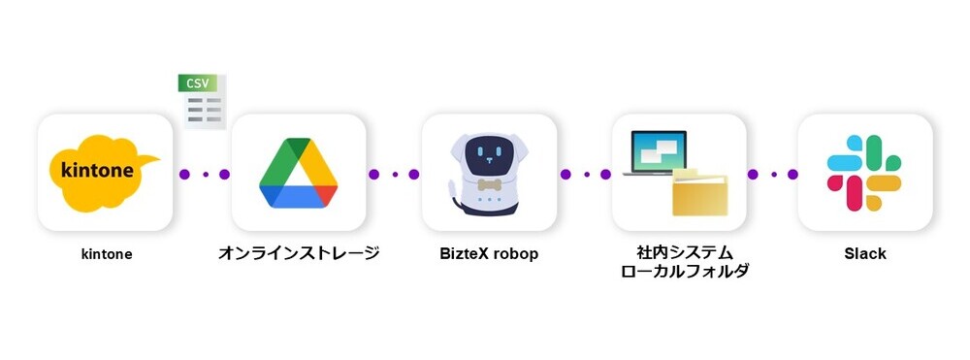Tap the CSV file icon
[x=204, y=101]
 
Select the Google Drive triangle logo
[x=298, y=175]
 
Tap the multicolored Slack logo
[x=864, y=173]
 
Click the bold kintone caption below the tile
[x=106, y=254]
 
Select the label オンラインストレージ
[x=298, y=254]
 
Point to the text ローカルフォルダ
[x=678, y=272]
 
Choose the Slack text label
[x=864, y=254]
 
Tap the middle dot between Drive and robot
[x=394, y=175]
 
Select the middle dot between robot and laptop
[x=584, y=175]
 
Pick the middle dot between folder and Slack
[x=773, y=175]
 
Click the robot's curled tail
[x=451, y=195]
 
